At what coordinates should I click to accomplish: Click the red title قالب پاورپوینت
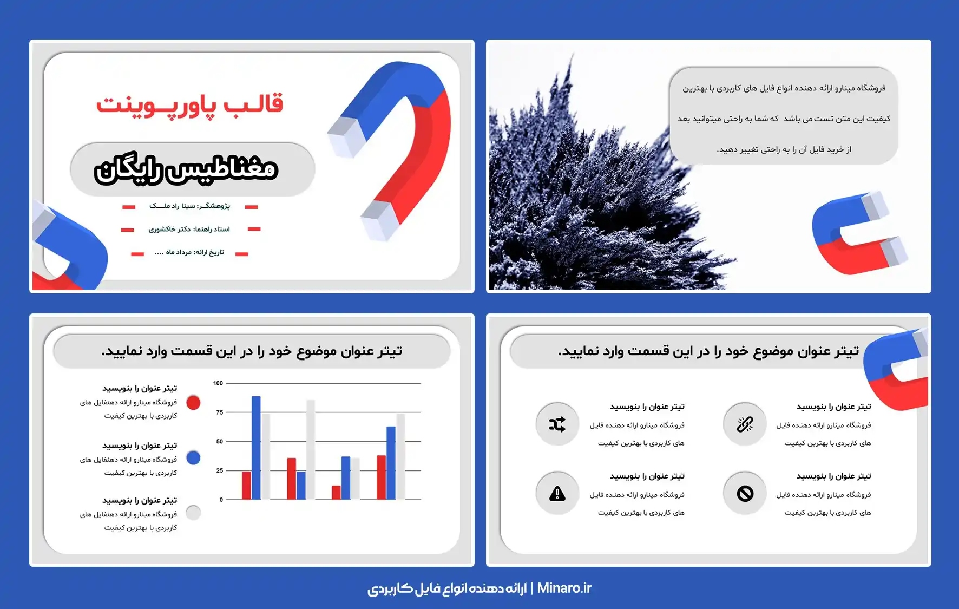coord(189,104)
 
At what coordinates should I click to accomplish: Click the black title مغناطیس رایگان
coord(186,169)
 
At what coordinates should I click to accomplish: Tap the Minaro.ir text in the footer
coord(564,588)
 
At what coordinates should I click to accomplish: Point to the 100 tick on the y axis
coord(218,383)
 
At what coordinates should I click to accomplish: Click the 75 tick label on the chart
coord(219,412)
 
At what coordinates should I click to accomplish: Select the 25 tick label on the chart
coord(219,470)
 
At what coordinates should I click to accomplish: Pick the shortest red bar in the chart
coord(336,493)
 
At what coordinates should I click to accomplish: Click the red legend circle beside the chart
coord(193,402)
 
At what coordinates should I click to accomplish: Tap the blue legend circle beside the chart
coord(193,458)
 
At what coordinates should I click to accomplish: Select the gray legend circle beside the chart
coord(193,512)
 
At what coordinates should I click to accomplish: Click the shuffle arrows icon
coord(557,424)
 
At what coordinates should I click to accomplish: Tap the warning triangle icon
coord(557,493)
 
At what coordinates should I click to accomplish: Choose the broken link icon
coord(745,424)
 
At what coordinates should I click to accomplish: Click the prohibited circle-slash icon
coord(745,493)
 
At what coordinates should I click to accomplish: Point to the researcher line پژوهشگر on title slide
coord(189,206)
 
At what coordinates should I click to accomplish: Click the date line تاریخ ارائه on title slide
coord(189,252)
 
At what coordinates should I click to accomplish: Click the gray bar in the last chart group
coord(400,456)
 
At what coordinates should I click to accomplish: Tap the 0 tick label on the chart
coord(221,500)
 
